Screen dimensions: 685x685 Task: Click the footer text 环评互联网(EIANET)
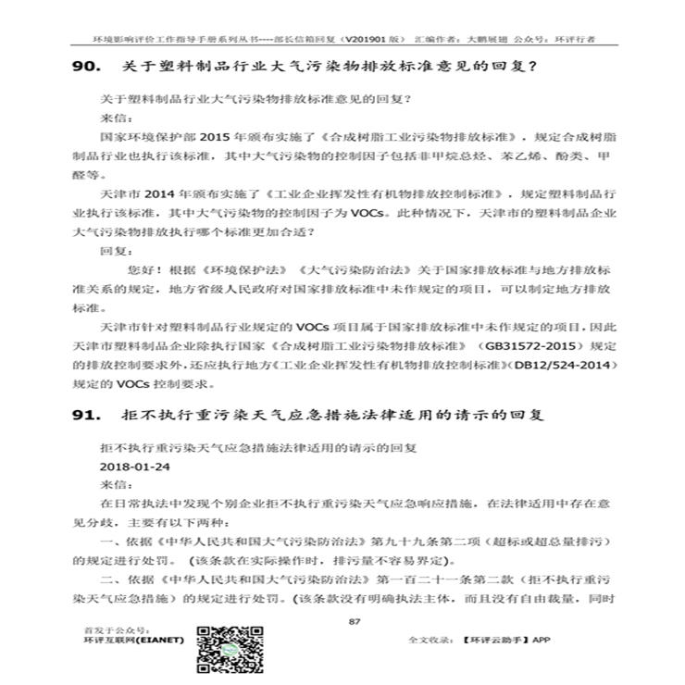(x=134, y=640)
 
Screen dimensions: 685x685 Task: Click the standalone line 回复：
(x=117, y=250)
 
